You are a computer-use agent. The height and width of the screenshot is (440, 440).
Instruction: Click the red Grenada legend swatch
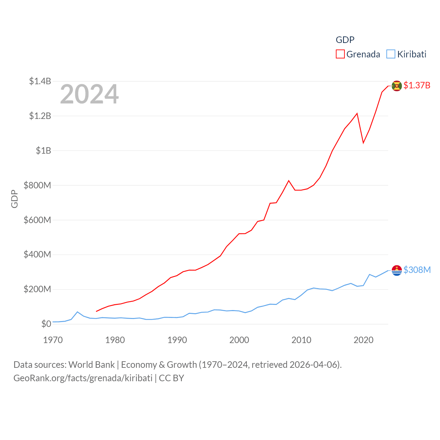pyautogui.click(x=340, y=54)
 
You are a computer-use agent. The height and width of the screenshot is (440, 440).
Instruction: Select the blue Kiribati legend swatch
pyautogui.click(x=391, y=54)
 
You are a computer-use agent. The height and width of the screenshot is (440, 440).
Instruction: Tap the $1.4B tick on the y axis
pyautogui.click(x=40, y=81)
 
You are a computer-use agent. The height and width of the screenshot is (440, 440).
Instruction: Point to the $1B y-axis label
pyautogui.click(x=43, y=151)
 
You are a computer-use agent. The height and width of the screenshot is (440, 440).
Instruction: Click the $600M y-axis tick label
pyautogui.click(x=37, y=220)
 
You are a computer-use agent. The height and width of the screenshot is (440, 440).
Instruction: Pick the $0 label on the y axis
pyautogui.click(x=46, y=324)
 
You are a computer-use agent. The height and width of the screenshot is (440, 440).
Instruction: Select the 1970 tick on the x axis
pyautogui.click(x=53, y=340)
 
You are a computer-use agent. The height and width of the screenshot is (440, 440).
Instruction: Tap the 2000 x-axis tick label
pyautogui.click(x=239, y=340)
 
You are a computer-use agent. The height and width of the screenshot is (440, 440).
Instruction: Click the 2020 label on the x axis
pyautogui.click(x=363, y=340)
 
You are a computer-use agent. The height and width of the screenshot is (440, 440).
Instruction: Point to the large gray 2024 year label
pyautogui.click(x=89, y=94)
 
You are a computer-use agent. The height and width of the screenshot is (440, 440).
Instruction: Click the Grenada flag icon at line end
pyautogui.click(x=397, y=86)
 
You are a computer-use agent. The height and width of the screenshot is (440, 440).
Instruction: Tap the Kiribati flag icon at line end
pyautogui.click(x=397, y=270)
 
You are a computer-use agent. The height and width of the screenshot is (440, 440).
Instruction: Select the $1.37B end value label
pyautogui.click(x=417, y=85)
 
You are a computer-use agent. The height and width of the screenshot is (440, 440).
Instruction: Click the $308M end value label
pyautogui.click(x=417, y=270)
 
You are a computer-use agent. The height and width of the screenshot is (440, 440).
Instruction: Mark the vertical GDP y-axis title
pyautogui.click(x=14, y=199)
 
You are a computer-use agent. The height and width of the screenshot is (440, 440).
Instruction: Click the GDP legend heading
pyautogui.click(x=345, y=40)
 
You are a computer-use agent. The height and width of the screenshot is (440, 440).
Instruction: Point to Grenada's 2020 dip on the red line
pyautogui.click(x=363, y=143)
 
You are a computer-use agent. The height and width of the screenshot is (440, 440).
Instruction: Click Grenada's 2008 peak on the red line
pyautogui.click(x=289, y=181)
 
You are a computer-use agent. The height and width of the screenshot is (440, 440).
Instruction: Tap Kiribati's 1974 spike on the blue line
pyautogui.click(x=78, y=312)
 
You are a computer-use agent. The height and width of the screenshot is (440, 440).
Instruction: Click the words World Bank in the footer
pyautogui.click(x=91, y=364)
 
